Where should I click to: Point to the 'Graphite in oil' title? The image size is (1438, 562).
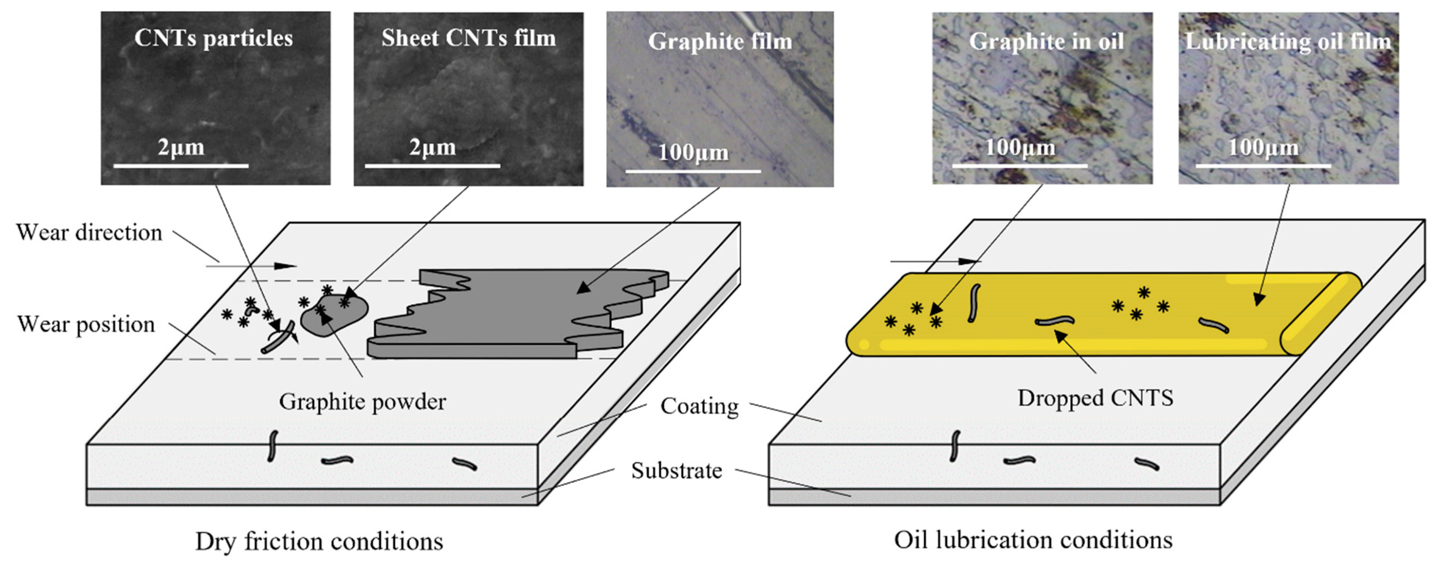coord(1046,42)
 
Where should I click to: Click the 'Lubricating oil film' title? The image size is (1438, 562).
coord(1288,42)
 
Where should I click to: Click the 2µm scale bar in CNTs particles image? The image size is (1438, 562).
coord(181,165)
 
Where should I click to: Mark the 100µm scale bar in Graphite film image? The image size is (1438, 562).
coord(693,171)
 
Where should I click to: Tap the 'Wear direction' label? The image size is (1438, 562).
coord(89,233)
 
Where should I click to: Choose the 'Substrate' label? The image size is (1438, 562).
coord(677,471)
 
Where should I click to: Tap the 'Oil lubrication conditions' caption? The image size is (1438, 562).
coord(1033,540)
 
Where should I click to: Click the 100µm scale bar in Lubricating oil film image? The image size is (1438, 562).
coord(1263,165)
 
